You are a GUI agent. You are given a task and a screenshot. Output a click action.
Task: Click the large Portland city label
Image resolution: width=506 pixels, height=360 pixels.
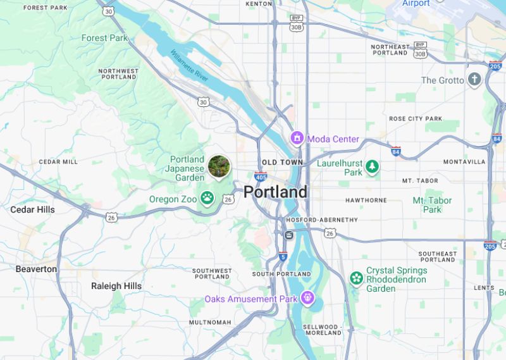[x=276, y=192]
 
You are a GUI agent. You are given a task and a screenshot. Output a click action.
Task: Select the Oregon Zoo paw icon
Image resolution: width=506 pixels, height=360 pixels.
[x=207, y=199]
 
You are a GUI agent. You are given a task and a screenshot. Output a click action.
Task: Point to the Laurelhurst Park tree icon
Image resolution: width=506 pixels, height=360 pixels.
[x=373, y=167]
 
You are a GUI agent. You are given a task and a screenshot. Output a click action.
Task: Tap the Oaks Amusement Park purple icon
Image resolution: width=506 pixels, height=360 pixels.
[x=307, y=297]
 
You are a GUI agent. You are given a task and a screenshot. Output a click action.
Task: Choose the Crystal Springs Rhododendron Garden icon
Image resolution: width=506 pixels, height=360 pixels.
[x=357, y=278]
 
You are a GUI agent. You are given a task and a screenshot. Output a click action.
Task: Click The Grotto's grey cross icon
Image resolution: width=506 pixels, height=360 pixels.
[x=474, y=80]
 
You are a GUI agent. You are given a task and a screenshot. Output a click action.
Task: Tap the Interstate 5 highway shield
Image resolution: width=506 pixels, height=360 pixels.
[x=283, y=256]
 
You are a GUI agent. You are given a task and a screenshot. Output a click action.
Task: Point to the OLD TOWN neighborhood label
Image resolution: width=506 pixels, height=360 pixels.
[x=283, y=163]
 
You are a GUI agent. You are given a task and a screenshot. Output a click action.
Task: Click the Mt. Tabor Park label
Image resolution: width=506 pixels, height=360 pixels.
[x=432, y=205]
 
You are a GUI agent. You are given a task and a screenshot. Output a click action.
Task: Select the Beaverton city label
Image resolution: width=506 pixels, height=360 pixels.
[x=36, y=269]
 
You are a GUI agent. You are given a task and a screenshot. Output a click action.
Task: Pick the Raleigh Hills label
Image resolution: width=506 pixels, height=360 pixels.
[x=116, y=286]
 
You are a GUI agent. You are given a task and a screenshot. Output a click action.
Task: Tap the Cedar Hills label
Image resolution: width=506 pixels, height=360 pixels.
[x=32, y=209]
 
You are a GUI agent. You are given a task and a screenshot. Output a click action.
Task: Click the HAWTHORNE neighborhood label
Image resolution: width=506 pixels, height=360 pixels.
[x=366, y=201]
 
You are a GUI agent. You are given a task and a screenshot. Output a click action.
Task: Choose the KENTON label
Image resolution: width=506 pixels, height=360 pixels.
[x=258, y=4]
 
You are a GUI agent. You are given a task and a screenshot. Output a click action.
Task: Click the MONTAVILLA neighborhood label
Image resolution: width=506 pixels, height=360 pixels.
[x=464, y=162]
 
